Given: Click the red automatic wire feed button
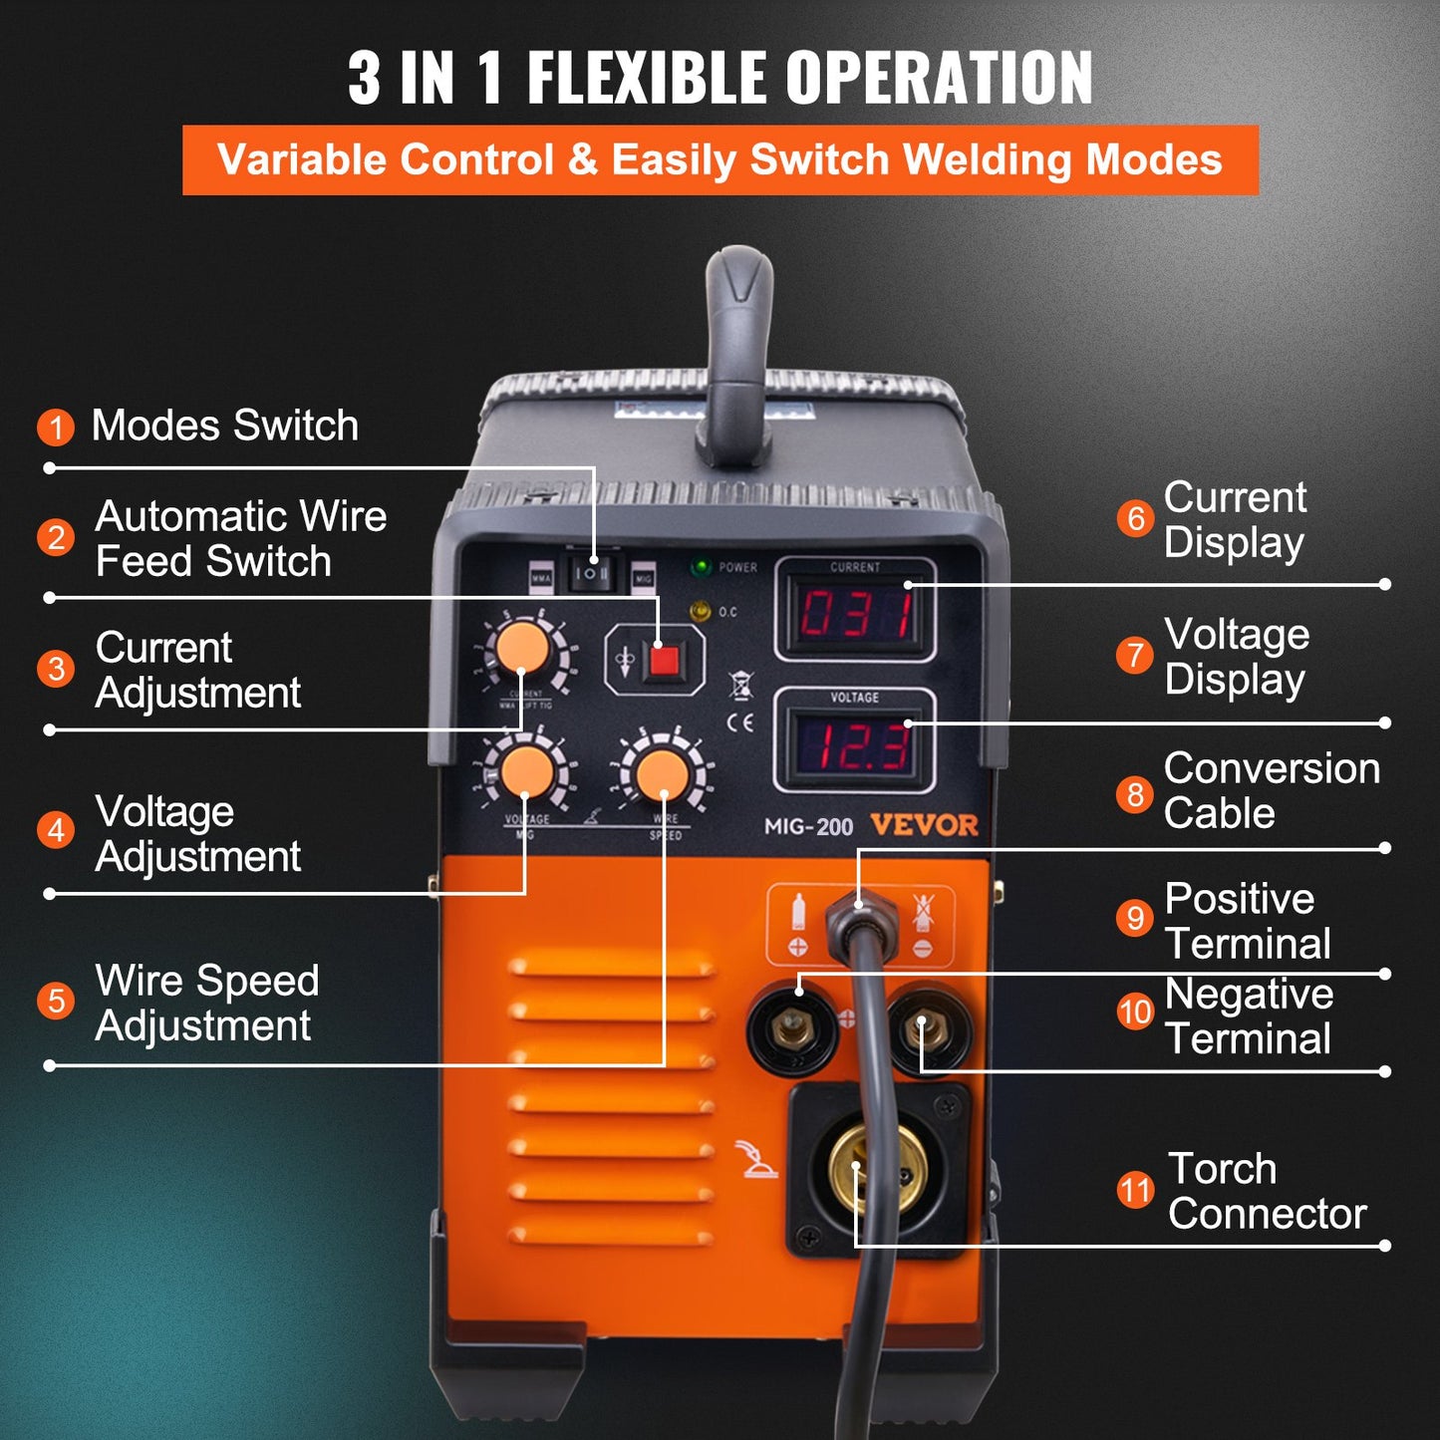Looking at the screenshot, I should pos(664,660).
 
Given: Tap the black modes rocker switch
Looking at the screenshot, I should pos(591,573).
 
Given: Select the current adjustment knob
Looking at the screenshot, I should pos(522,649).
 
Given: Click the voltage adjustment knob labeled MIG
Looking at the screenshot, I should pos(527,771).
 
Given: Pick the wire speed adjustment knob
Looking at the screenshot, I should pos(663,775).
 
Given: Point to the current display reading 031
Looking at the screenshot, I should pos(856,614).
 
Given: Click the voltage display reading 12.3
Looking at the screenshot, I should pos(856,746).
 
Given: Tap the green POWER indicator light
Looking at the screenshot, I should pos(702,567).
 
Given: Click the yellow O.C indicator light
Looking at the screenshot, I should pos(701,610).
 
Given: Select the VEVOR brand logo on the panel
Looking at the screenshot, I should pos(924,825).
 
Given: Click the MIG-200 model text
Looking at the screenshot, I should pos(808,826).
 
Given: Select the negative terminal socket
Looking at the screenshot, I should pos(927,1028).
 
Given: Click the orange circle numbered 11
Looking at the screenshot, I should pos(1135,1190).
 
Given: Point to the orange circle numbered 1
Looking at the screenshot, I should pos(56,428).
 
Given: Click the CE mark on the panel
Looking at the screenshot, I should pos(740,722).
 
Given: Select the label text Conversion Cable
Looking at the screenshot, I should pos(1271,790).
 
